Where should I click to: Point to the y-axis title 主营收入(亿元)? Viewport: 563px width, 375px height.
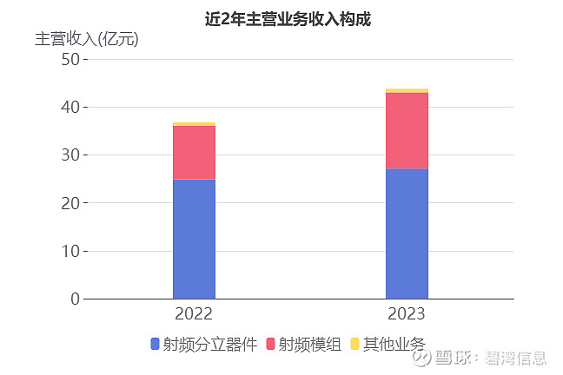(86, 39)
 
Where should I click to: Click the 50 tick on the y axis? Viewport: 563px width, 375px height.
(70, 59)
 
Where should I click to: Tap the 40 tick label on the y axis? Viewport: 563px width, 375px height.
(70, 107)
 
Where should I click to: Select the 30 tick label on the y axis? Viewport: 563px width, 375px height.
(70, 155)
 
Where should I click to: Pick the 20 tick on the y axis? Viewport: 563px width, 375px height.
(70, 203)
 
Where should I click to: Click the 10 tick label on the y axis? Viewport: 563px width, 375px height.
(70, 251)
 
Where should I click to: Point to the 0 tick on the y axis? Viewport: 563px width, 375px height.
(75, 299)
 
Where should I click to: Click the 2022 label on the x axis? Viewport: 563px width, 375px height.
(194, 314)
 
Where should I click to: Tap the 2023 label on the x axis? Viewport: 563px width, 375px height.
(407, 314)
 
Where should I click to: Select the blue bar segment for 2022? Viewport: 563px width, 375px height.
(194, 239)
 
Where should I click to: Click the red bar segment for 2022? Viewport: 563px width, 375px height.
(194, 153)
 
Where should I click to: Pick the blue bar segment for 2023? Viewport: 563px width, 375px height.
(407, 234)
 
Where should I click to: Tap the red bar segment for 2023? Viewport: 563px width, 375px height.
(407, 130)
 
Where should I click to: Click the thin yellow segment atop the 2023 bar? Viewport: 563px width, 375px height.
(407, 90)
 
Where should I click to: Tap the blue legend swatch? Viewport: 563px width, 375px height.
(155, 345)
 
